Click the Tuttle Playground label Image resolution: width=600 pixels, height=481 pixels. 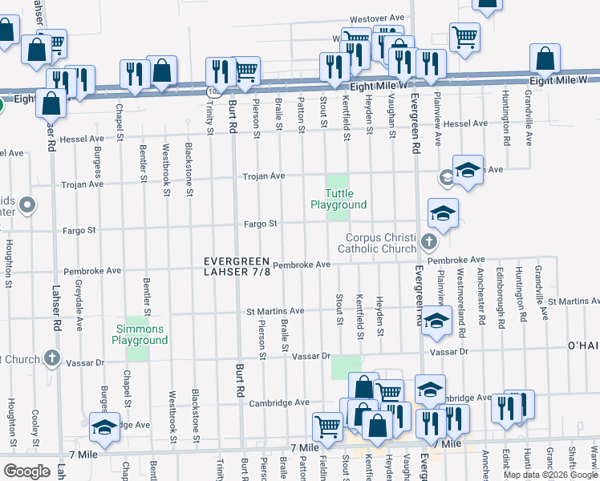click(x=339, y=199)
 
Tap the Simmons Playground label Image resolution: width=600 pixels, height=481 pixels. click(x=140, y=334)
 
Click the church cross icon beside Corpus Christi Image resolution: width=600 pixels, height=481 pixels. click(x=429, y=241)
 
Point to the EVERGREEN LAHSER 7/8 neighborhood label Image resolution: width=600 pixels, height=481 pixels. click(x=237, y=267)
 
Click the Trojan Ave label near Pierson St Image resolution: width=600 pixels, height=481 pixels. click(x=265, y=176)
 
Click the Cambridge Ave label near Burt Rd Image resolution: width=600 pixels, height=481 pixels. click(x=279, y=402)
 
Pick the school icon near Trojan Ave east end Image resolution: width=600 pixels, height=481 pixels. click(x=468, y=171)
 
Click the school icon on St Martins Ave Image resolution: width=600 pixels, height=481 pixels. click(x=435, y=321)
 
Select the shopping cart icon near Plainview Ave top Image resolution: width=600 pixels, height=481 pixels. click(x=464, y=36)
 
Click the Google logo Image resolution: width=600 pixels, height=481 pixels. click(x=26, y=471)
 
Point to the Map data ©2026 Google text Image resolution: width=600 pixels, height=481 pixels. click(x=549, y=475)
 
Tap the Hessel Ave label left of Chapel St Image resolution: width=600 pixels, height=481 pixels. click(x=82, y=139)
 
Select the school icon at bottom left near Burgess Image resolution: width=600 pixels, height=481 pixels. click(x=104, y=430)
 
